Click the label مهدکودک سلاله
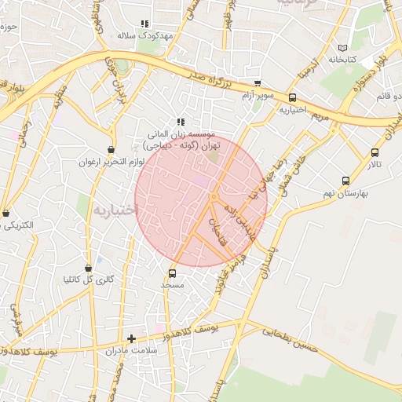coord(144,36)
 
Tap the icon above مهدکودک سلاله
coord(144,24)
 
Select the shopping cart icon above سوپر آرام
coord(257,82)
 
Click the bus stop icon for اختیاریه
coord(293,98)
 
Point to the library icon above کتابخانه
coord(341,47)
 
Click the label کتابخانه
coord(342,59)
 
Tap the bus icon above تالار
coord(374,152)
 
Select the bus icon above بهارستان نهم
coord(346,180)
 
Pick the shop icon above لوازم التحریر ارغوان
coord(111,149)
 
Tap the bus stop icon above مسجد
coord(172,273)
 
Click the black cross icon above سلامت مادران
coord(131,338)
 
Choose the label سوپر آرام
coord(258,95)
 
